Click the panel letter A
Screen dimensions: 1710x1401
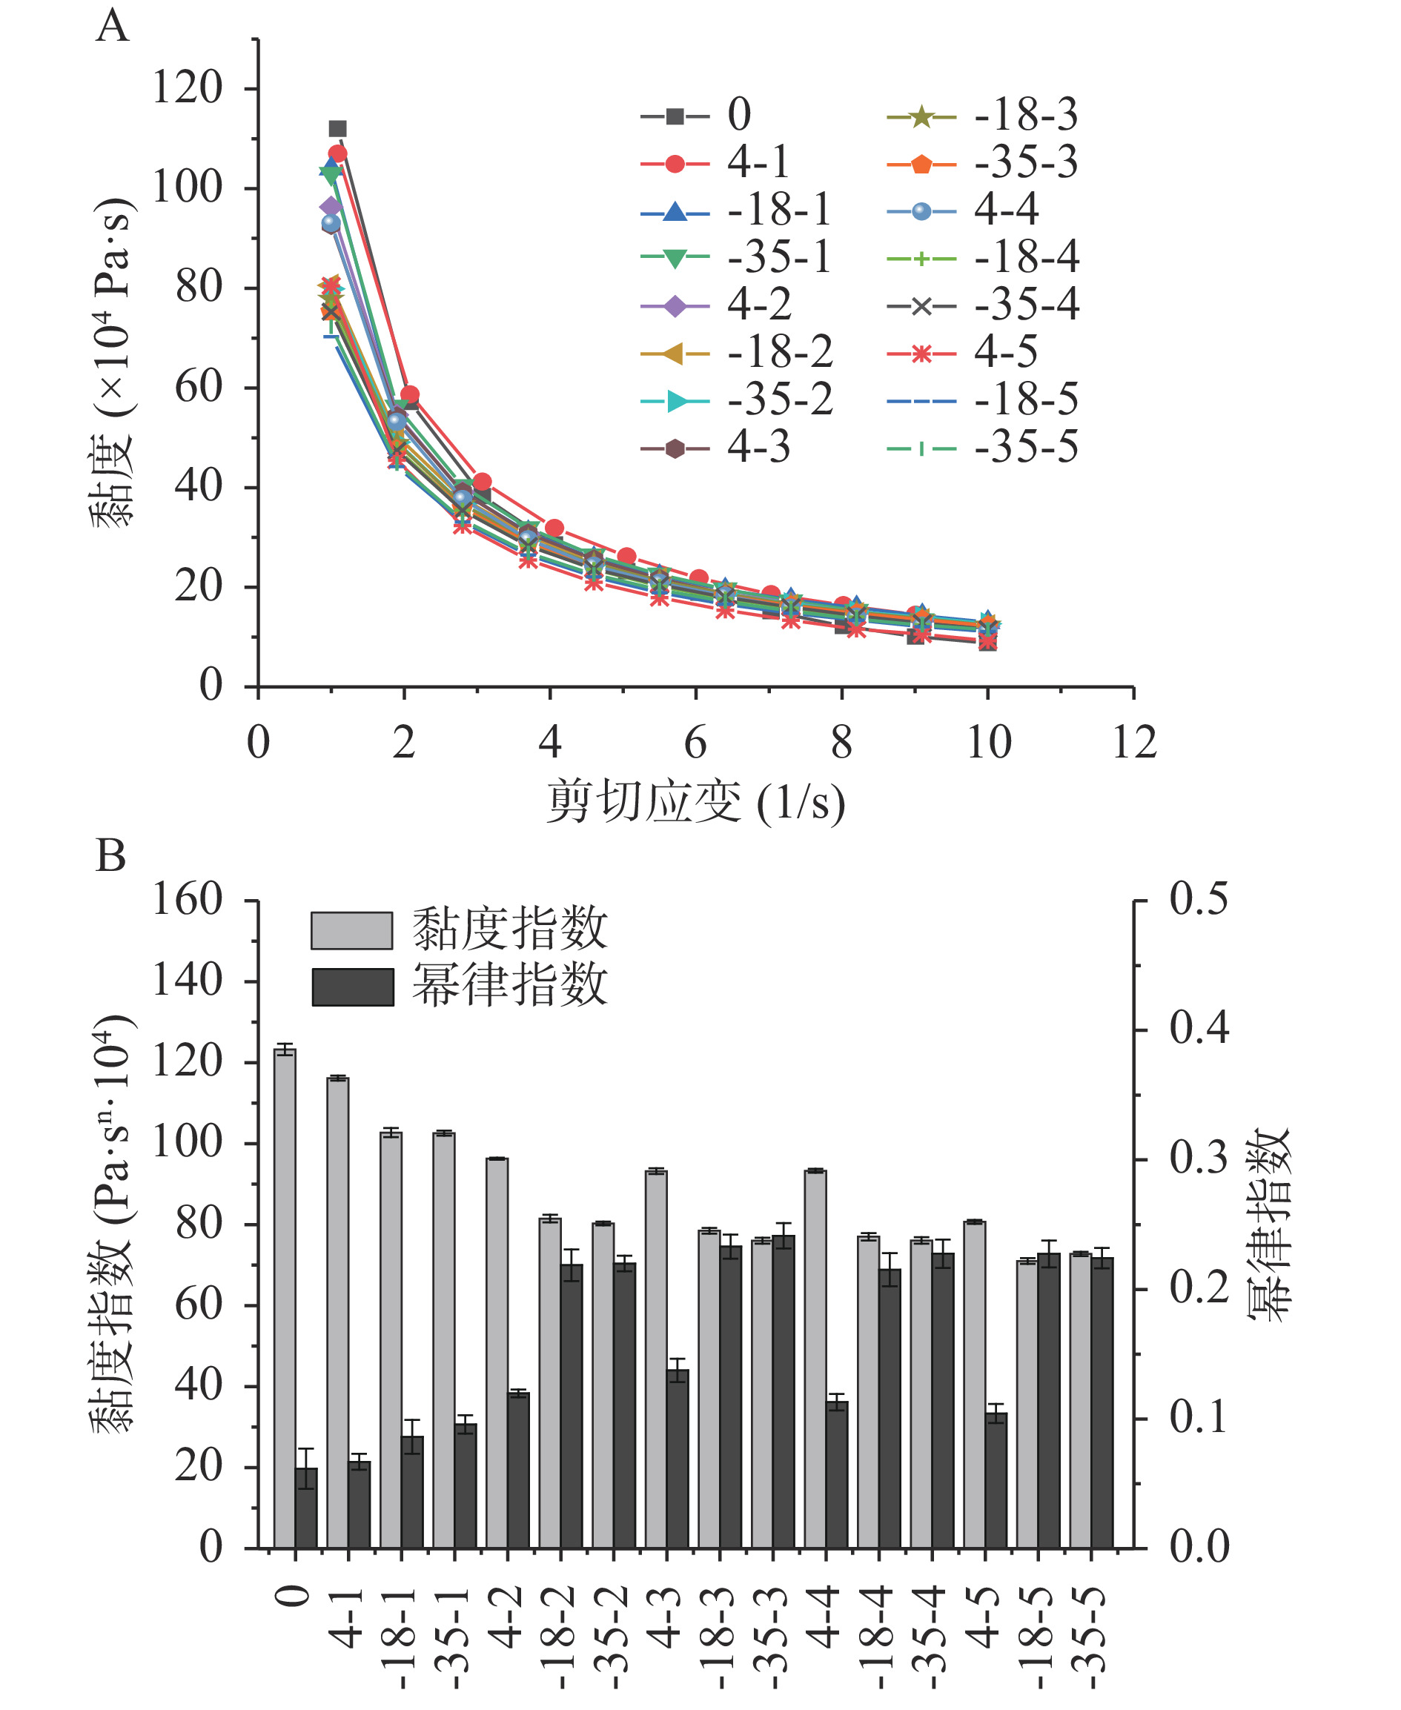pyautogui.click(x=111, y=26)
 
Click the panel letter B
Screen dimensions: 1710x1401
pyautogui.click(x=110, y=856)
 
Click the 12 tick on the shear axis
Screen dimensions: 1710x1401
pyautogui.click(x=1134, y=743)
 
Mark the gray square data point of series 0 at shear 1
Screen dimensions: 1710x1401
pyautogui.click(x=337, y=128)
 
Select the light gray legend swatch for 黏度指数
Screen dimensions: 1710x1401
pyautogui.click(x=352, y=930)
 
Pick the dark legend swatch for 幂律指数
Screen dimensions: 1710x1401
pyautogui.click(x=353, y=987)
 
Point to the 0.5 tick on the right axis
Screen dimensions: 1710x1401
pyautogui.click(x=1199, y=899)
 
